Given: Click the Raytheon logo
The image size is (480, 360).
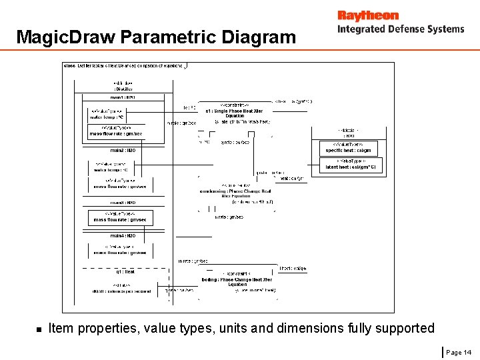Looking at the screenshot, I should (367, 15).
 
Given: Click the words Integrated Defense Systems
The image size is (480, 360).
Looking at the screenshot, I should (400, 29).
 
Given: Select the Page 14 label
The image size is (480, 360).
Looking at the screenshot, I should (458, 352).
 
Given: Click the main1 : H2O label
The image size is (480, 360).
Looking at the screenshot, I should (123, 97).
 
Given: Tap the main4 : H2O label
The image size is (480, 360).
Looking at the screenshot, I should (123, 235).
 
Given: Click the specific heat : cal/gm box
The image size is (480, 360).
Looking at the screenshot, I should (348, 147).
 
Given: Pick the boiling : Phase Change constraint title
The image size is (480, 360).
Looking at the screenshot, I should (237, 280).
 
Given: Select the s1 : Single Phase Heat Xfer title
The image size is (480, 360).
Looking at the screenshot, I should (234, 111).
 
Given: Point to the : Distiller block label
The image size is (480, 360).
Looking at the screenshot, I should (123, 89).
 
